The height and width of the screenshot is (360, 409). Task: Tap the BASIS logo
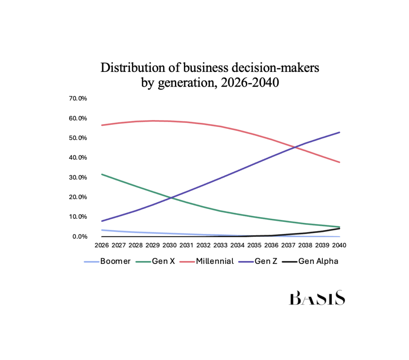coord(317,298)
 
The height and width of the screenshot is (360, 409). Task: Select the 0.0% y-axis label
coord(79,237)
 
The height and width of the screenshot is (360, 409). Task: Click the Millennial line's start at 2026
coord(103,125)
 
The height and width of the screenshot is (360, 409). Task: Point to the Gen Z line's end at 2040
coord(340,132)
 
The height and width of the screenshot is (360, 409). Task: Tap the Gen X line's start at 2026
coord(103,174)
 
